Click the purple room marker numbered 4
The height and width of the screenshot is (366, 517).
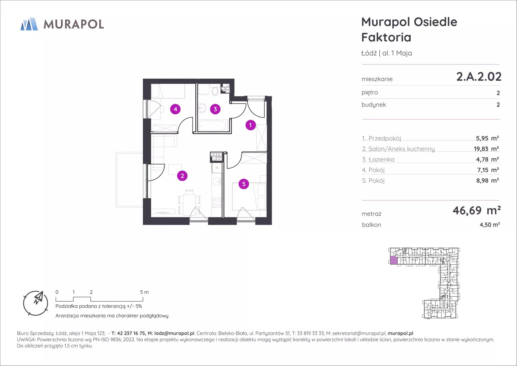pos(175,109)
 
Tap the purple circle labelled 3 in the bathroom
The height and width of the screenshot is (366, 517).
pos(215,109)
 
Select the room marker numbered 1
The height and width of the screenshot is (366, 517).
pos(250,125)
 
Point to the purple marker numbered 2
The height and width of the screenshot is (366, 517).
pos(182,176)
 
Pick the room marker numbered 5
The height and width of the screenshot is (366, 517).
pos(244,184)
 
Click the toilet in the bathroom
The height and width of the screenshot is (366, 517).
pos(215,91)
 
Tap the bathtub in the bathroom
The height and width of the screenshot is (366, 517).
pos(213,126)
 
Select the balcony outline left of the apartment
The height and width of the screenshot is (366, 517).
pos(130,180)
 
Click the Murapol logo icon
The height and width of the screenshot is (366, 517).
pos(29,24)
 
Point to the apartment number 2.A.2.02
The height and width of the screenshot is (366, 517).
pos(479,77)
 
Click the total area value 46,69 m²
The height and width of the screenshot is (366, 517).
pos(477,210)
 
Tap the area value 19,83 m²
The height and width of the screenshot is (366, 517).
pos(486,149)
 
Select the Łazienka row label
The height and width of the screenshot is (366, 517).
pos(378,160)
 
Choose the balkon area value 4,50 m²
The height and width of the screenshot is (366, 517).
pos(490,225)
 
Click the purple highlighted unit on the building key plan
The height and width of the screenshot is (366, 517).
pos(394,260)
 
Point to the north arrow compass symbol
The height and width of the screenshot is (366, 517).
pos(36,303)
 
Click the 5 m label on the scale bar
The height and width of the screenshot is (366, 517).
pos(144,292)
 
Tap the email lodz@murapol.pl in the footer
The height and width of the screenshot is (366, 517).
pos(174,333)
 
